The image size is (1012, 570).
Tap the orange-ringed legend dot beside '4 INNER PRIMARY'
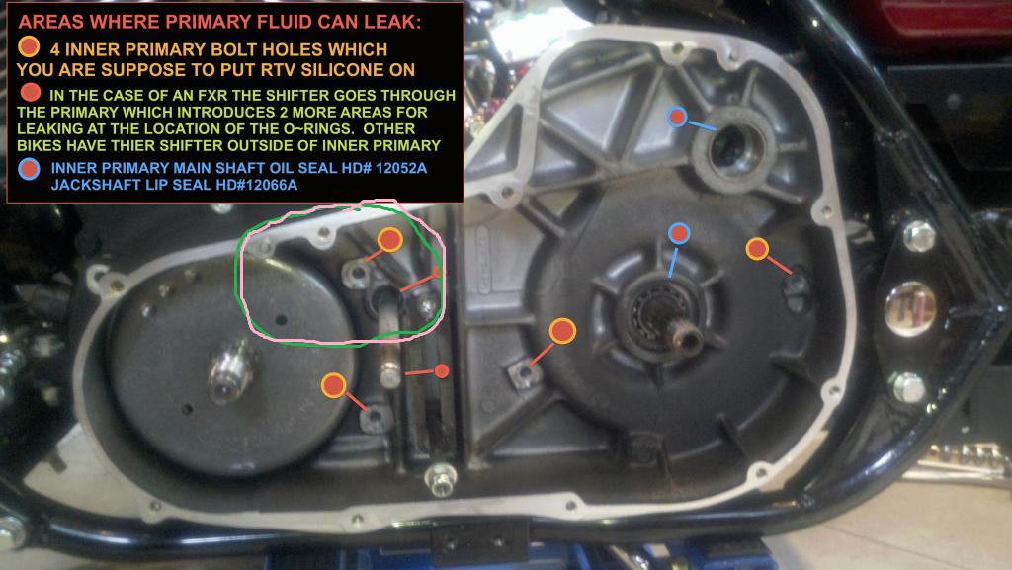coord(29,47)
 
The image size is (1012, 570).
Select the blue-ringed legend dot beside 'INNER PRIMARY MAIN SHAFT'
coord(29,169)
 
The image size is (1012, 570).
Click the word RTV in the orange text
coord(278,69)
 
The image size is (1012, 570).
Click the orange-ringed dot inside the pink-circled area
coord(389,240)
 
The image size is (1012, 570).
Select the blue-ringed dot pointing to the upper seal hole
coord(676,117)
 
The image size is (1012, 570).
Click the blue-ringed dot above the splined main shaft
coord(679,233)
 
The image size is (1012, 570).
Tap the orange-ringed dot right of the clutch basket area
coord(757,249)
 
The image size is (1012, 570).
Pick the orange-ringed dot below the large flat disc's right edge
coord(334,385)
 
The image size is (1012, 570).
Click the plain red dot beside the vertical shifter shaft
coord(442,370)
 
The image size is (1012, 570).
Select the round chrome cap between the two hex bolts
coord(910,309)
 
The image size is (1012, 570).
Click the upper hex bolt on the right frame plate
coord(919,235)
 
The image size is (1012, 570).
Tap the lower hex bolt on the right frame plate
coord(909,387)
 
